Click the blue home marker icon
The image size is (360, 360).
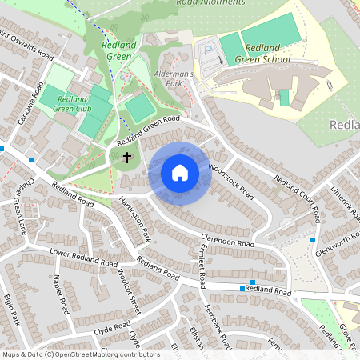[x=179, y=173]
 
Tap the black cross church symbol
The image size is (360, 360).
[x=126, y=158]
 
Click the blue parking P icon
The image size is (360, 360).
[x=208, y=50]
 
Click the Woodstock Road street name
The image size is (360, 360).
[x=230, y=182]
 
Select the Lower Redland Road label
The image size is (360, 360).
[x=84, y=256]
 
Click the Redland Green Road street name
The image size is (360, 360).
[x=148, y=130]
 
